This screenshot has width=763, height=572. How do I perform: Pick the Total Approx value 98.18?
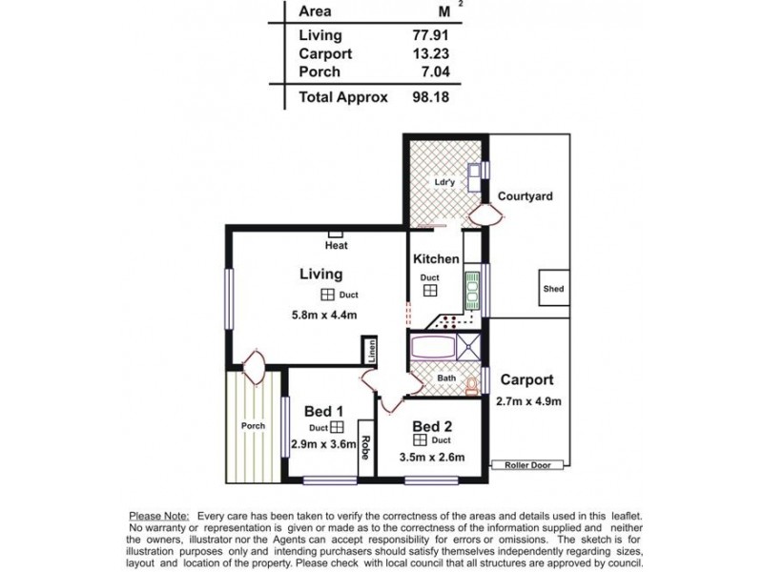tap(428, 97)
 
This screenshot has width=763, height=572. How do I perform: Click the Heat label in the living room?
tap(336, 246)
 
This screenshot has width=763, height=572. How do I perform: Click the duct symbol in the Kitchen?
tap(430, 291)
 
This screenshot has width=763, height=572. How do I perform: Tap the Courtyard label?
tap(526, 196)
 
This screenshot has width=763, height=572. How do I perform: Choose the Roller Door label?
tap(527, 466)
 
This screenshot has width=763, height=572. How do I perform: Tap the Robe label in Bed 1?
tap(363, 449)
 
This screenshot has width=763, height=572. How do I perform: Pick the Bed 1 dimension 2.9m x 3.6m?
tap(317, 444)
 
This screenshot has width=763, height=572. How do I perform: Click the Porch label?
tap(253, 426)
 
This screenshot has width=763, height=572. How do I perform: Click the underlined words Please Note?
tap(158, 514)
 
